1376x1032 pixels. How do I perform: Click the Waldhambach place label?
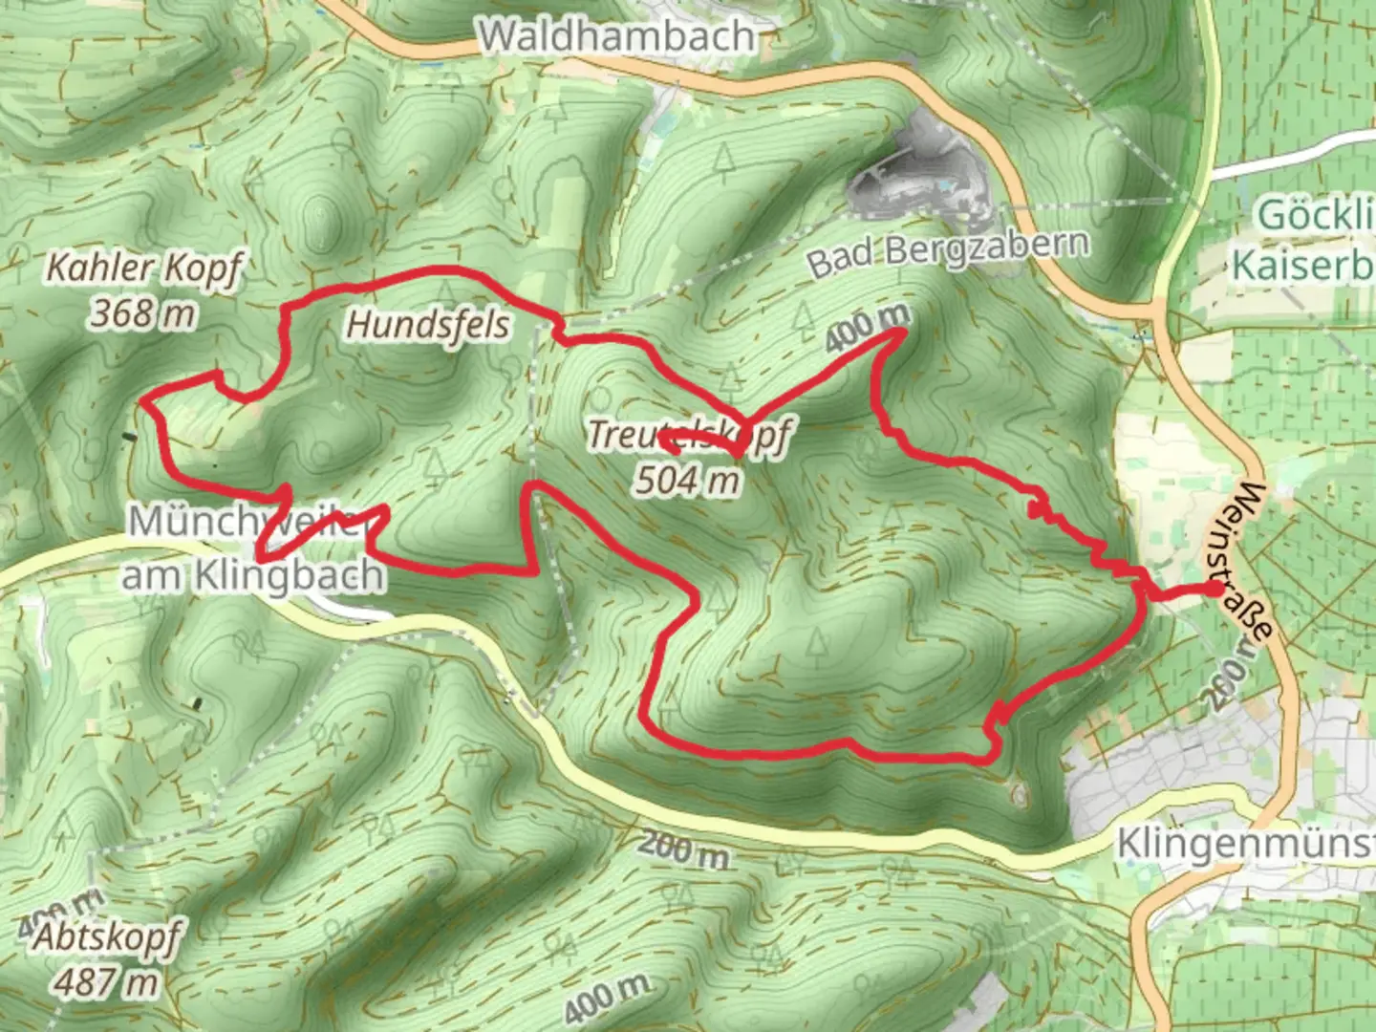617,36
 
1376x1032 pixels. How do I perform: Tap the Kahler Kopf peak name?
143,269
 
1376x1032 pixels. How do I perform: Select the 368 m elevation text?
142,312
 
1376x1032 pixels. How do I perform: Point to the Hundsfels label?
428,325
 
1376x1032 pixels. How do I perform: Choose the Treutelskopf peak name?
688,436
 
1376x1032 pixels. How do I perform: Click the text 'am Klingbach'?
253,575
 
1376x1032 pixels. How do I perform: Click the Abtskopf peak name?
106,938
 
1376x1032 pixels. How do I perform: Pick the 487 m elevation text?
106,980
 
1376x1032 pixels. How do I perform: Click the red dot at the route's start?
1213,591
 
